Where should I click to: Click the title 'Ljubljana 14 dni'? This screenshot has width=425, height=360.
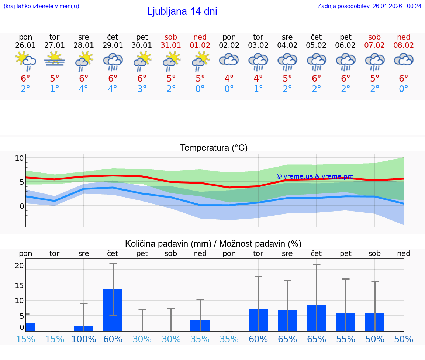[182, 11]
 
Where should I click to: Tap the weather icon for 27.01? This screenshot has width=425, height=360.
[55, 59]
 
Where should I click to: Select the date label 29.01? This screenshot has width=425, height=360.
[113, 45]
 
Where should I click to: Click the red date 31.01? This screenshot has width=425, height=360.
[171, 45]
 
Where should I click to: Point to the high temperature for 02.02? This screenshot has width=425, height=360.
[229, 79]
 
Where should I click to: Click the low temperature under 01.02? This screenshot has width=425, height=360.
[200, 89]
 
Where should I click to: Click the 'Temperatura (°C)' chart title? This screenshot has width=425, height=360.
[214, 148]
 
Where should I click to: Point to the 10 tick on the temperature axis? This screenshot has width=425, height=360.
[19, 158]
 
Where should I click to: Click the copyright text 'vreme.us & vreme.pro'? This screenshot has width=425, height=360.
[315, 176]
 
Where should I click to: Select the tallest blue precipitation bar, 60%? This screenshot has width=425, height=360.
[113, 310]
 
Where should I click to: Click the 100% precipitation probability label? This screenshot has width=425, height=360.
[84, 339]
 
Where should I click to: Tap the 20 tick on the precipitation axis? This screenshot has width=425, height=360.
[19, 265]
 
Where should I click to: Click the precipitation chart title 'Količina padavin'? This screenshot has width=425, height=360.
[213, 244]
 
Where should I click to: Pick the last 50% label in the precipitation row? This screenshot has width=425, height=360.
[404, 339]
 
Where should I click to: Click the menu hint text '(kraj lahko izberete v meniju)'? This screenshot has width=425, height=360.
[41, 6]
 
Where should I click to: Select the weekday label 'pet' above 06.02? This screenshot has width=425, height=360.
[346, 37]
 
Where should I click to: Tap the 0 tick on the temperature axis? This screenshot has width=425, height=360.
[21, 206]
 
